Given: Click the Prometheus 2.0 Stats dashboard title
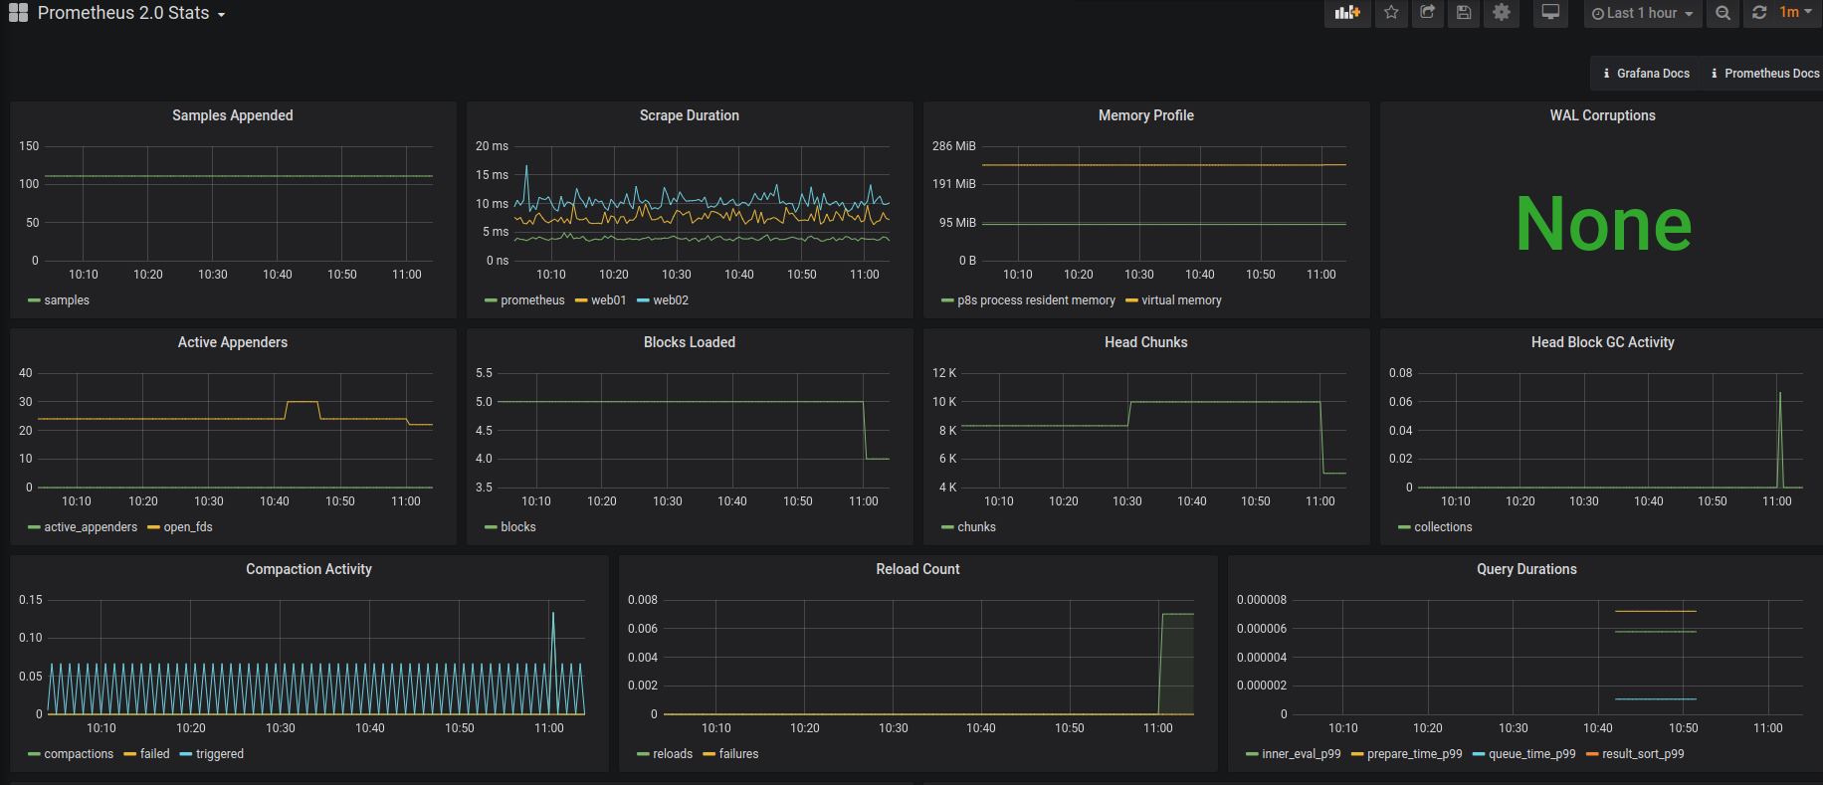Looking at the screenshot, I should pyautogui.click(x=123, y=13).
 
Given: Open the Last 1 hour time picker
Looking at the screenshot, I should pyautogui.click(x=1642, y=13).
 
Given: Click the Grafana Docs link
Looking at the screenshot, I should pyautogui.click(x=1652, y=74).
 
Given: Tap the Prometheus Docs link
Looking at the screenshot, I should pyautogui.click(x=1771, y=74).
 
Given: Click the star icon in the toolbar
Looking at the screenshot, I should pyautogui.click(x=1391, y=13).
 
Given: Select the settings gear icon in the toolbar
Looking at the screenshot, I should pyautogui.click(x=1501, y=13).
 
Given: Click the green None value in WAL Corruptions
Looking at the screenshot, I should pyautogui.click(x=1602, y=224).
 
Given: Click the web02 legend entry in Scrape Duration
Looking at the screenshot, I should pyautogui.click(x=670, y=300).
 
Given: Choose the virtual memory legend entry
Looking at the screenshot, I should pyautogui.click(x=1180, y=300).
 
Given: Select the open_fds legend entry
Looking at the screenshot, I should pyautogui.click(x=187, y=527).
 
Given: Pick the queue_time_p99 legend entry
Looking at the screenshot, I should pyautogui.click(x=1530, y=754).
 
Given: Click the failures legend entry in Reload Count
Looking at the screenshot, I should pyautogui.click(x=737, y=754).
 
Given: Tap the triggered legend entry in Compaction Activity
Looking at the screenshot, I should pyautogui.click(x=219, y=754).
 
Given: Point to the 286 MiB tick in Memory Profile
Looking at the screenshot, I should pyautogui.click(x=953, y=146).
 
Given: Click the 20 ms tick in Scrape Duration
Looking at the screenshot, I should pyautogui.click(x=492, y=146).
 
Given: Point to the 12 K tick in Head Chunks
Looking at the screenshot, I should pyautogui.click(x=943, y=373).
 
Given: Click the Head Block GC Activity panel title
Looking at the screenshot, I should pyautogui.click(x=1602, y=342).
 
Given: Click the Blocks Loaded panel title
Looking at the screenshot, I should pyautogui.click(x=689, y=342).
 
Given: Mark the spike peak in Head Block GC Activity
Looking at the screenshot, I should pyautogui.click(x=1779, y=394).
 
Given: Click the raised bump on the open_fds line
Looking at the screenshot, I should pyautogui.click(x=303, y=402).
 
